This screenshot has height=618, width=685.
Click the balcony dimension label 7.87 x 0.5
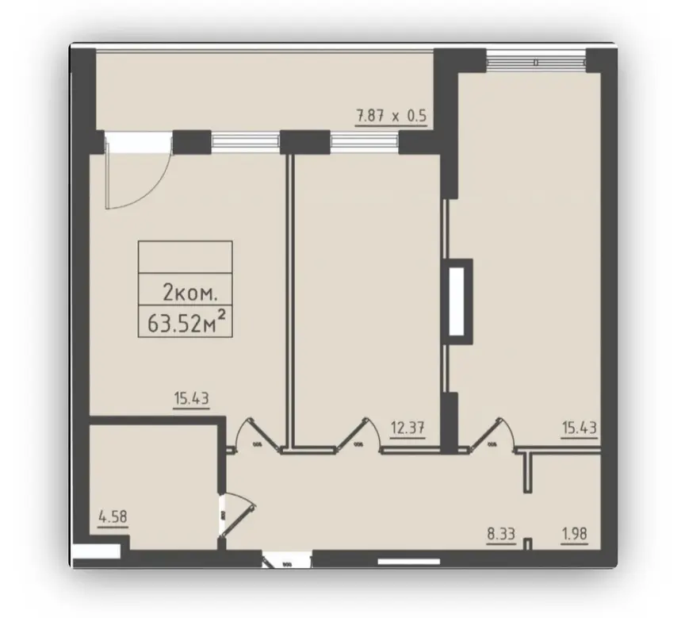coord(392,116)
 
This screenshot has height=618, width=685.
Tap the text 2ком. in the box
coord(189,293)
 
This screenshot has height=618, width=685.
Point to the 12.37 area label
coord(408,428)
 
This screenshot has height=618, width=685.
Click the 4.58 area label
coord(113,517)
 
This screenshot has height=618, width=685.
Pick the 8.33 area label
coord(501,534)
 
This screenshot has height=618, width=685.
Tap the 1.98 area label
coord(574,534)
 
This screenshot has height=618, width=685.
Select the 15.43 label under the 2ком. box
coord(191,398)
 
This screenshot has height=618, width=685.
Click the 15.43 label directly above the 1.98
coord(580,428)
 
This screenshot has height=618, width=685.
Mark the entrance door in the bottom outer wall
coord(286,559)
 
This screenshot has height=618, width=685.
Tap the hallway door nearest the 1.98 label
coord(492,435)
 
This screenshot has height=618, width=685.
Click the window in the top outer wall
coord(536,61)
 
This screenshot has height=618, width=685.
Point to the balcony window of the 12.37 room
coord(365,141)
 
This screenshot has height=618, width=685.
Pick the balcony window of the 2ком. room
coord(246,141)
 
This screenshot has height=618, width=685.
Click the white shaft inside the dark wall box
coord(457,301)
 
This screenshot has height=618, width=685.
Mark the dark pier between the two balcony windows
coord(305,141)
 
